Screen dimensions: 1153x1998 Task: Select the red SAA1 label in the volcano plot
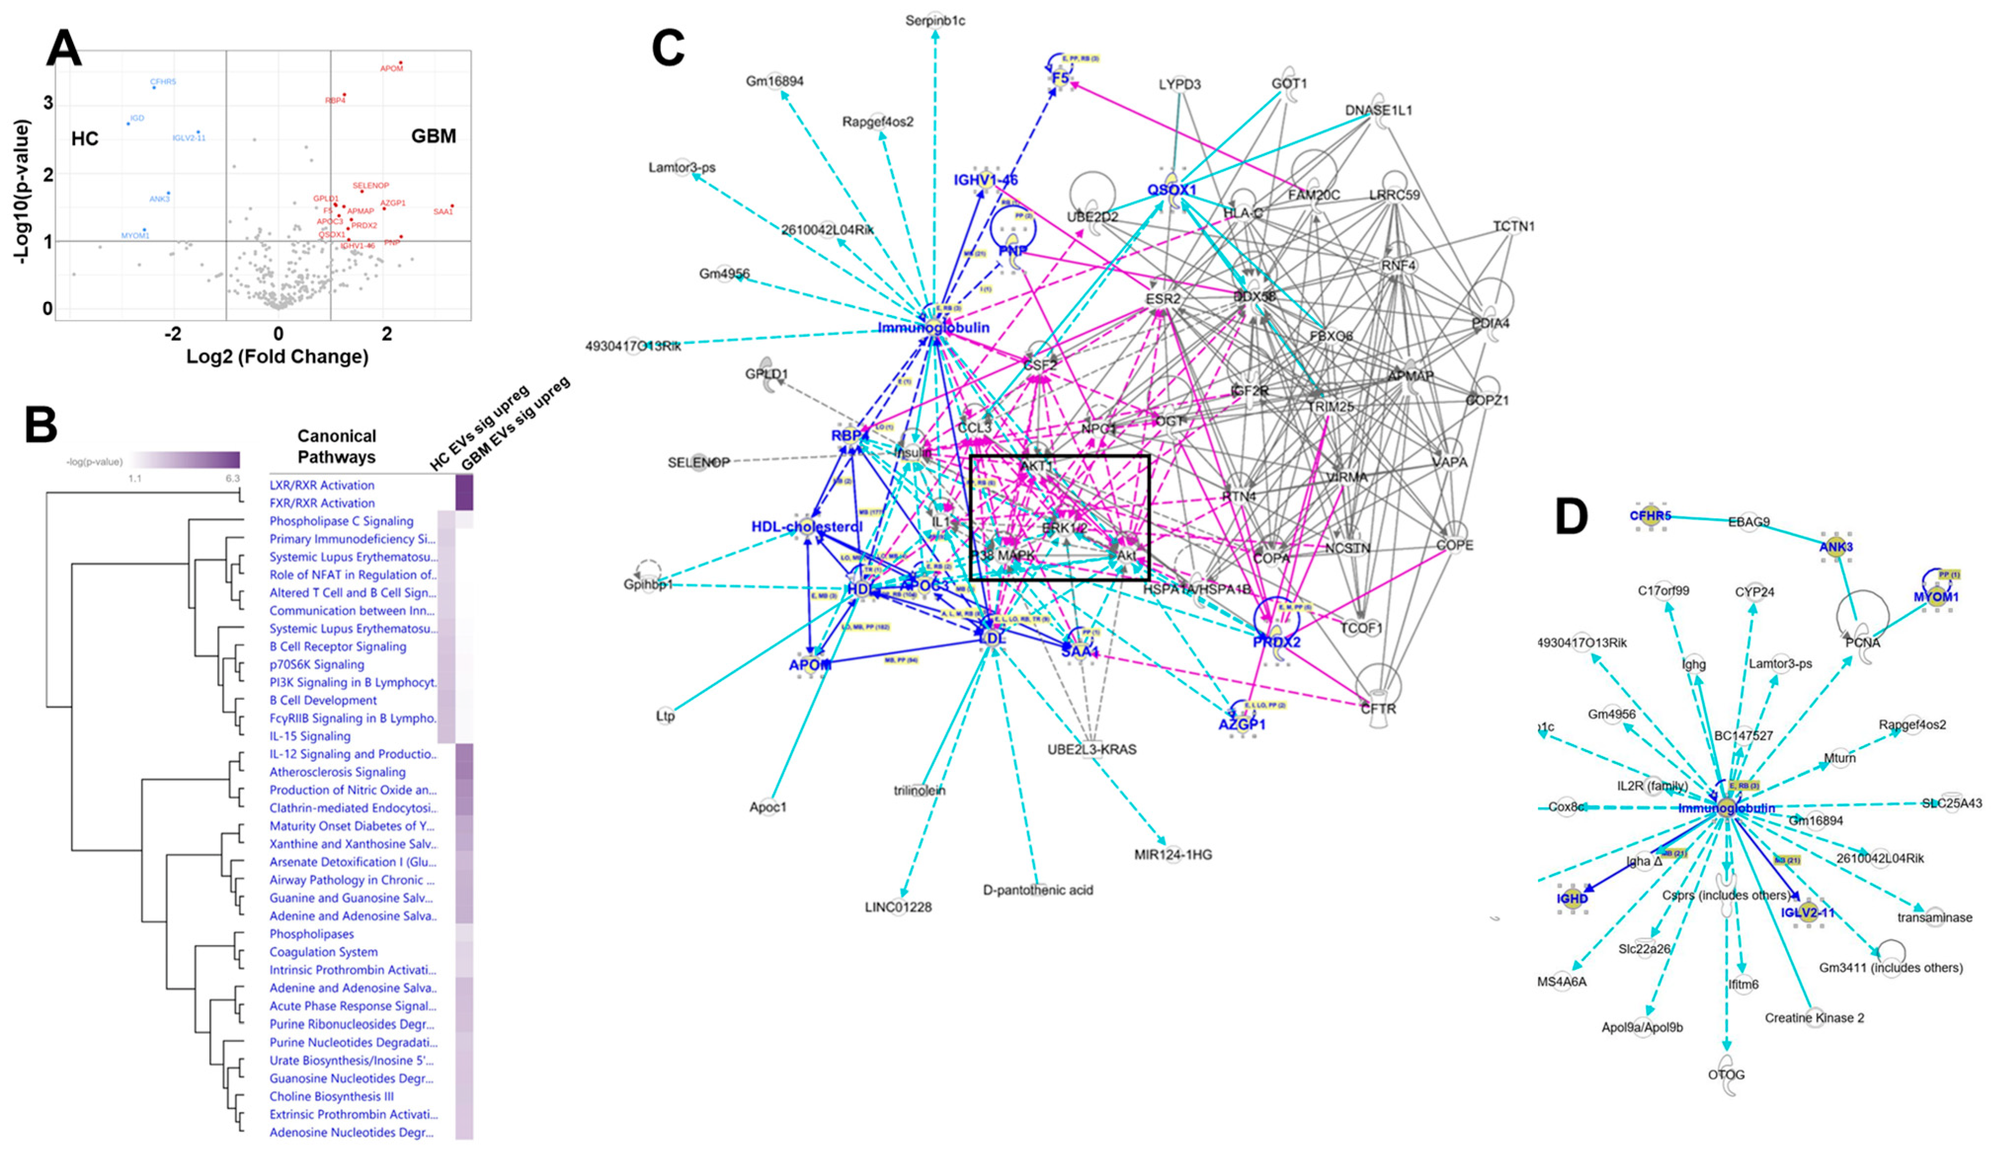(442, 211)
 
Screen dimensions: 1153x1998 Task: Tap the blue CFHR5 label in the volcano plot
(163, 81)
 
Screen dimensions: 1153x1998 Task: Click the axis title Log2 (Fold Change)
(277, 357)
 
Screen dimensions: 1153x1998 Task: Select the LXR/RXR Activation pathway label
(321, 484)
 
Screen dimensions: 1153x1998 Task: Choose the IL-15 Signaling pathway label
(310, 736)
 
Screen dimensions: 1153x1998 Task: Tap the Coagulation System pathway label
(323, 952)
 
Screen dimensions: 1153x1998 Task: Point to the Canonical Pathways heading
(337, 446)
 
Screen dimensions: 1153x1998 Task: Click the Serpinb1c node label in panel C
(935, 21)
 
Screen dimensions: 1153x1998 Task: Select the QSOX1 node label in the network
(1171, 190)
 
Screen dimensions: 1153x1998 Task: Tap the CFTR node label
(1378, 708)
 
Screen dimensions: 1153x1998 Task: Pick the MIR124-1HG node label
(1173, 854)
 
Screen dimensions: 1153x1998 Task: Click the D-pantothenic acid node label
(1038, 890)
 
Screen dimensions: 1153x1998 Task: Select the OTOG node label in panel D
(1725, 1074)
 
